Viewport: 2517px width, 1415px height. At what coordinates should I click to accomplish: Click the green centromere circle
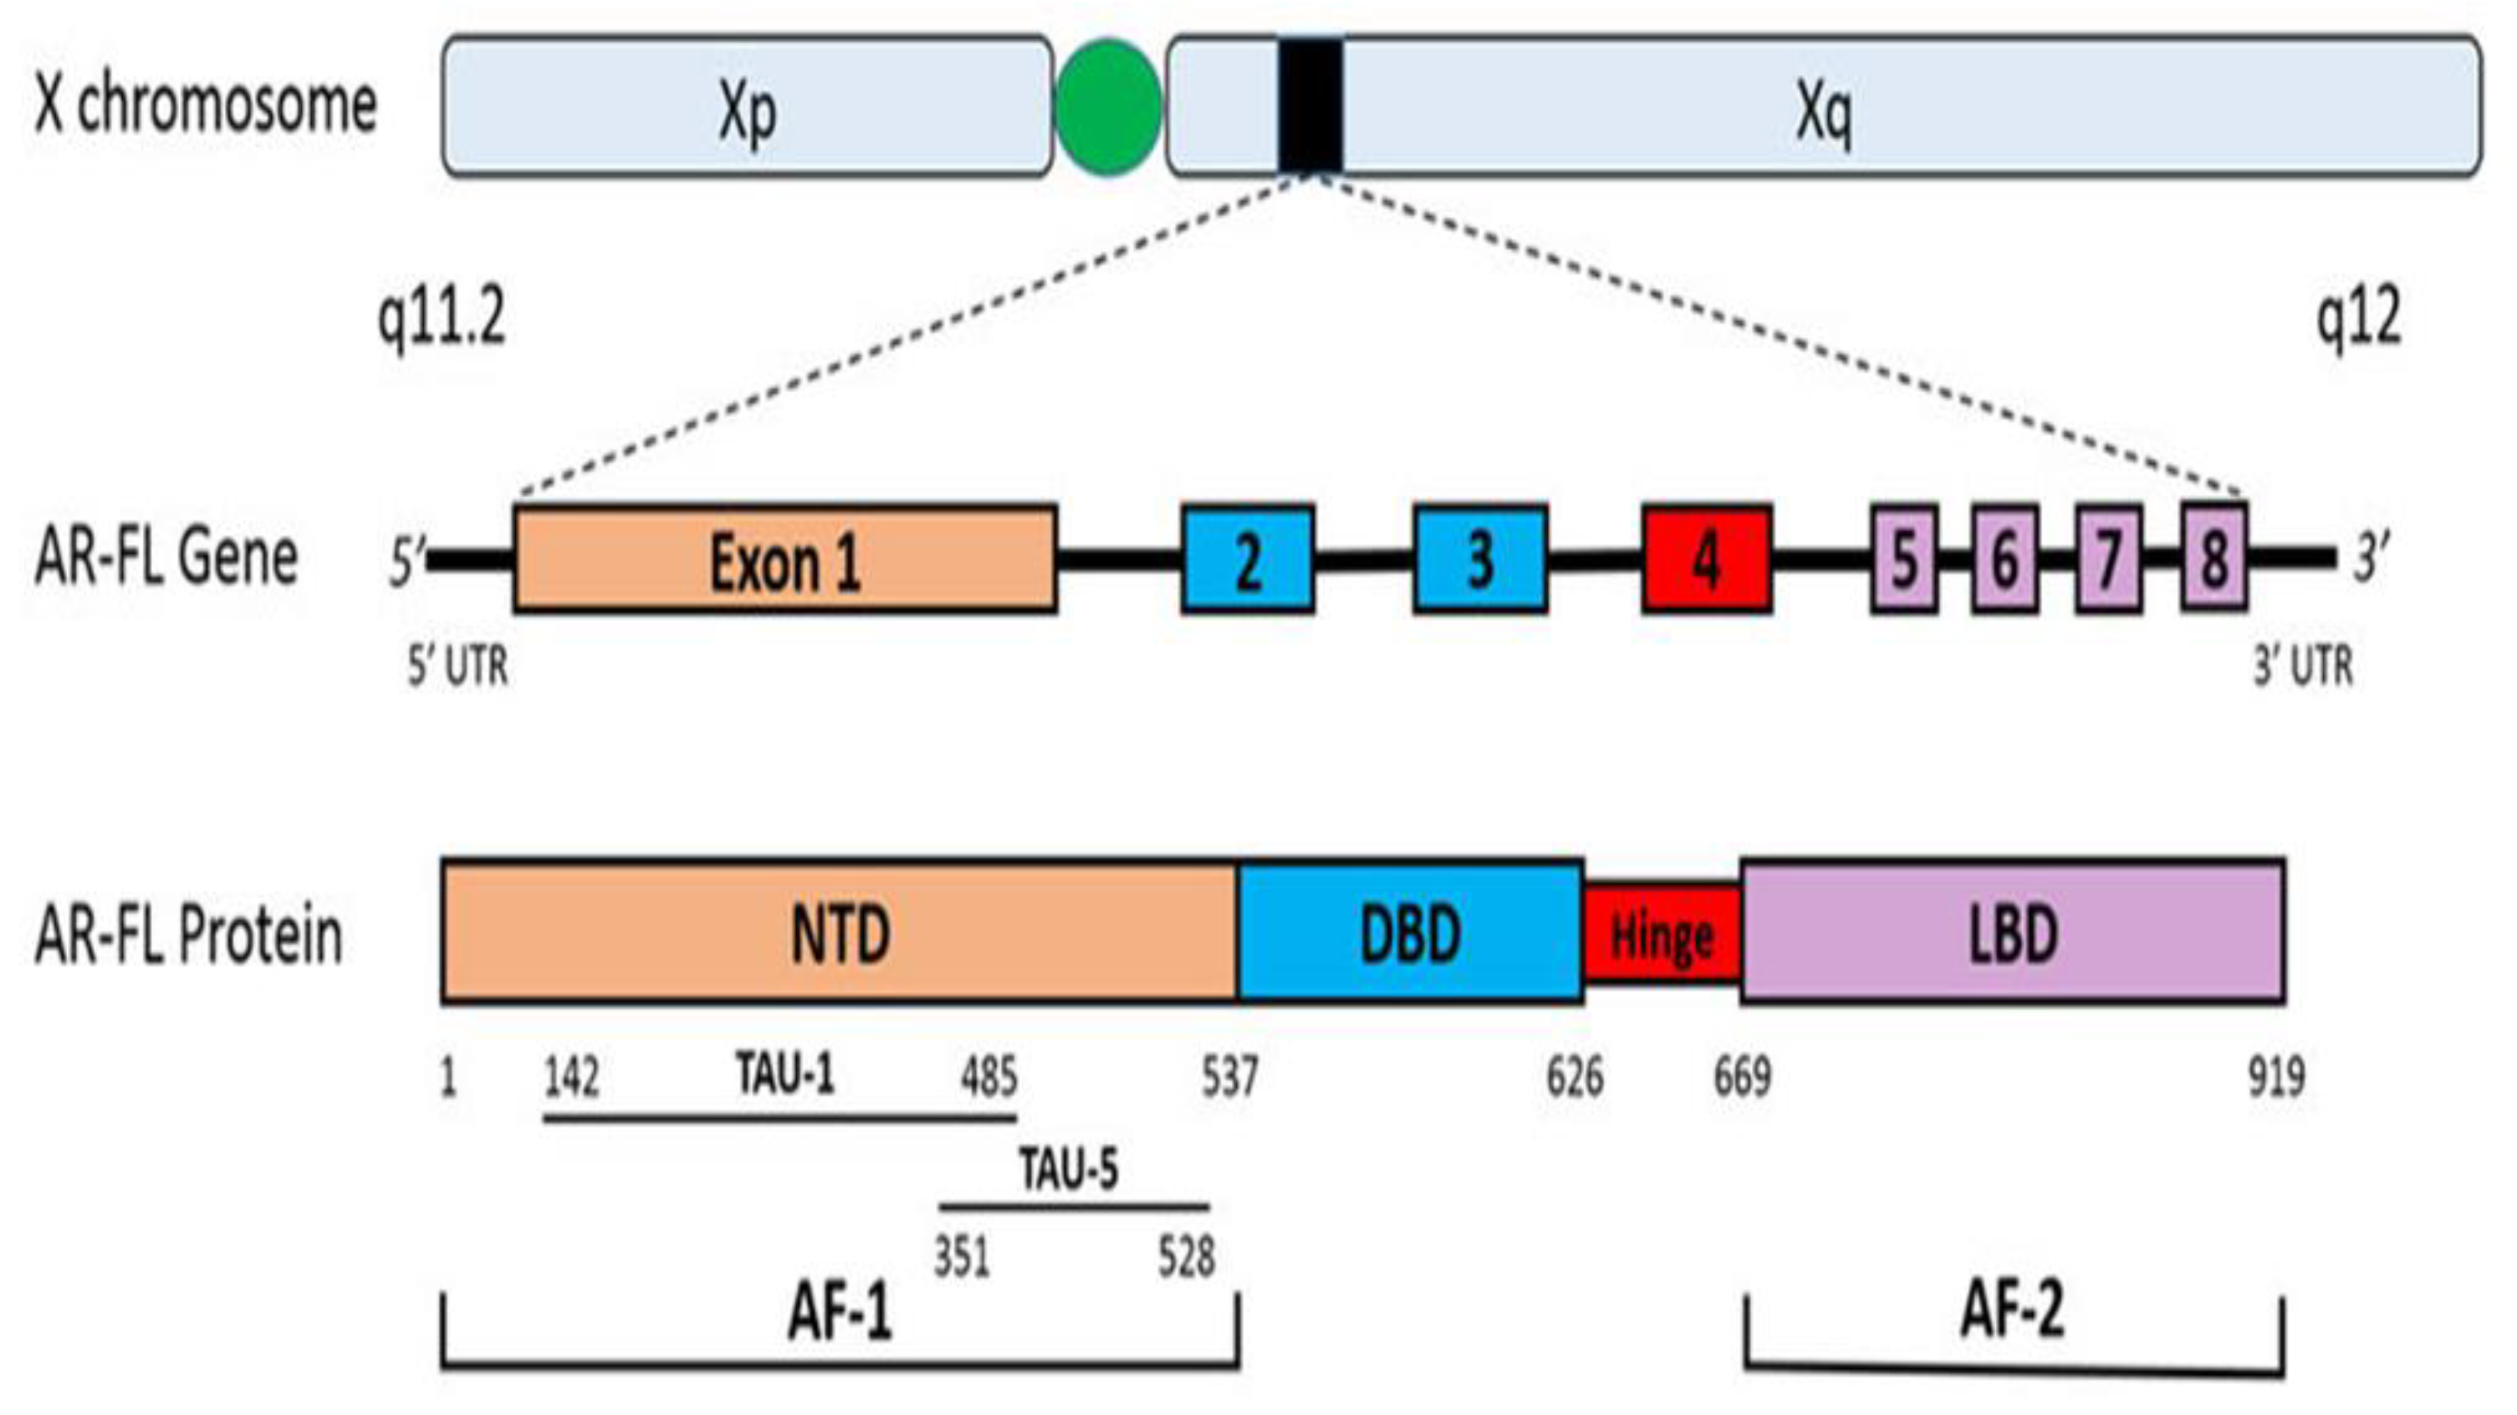coord(1109,107)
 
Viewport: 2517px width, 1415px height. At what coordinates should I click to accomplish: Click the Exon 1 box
coord(784,560)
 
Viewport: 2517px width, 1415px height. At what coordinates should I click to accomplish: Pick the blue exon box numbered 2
coord(1248,560)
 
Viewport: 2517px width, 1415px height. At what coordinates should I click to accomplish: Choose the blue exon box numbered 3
coord(1480,560)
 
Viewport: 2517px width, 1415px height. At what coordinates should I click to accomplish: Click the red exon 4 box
coord(1707,560)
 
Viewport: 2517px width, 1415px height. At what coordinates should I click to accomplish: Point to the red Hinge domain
coord(1661,934)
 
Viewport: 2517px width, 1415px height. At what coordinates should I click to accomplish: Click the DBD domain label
coord(1410,934)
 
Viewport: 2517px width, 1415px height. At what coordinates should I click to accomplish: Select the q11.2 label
coord(442,319)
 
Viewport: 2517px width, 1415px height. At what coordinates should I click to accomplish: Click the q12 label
coord(2359,319)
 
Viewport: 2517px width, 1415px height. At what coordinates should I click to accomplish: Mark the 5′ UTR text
coord(457,668)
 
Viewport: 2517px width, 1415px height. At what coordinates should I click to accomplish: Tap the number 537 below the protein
coord(1229,1078)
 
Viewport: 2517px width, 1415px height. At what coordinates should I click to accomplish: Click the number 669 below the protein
coord(1742,1078)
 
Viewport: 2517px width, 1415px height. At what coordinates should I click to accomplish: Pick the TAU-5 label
coord(1069,1169)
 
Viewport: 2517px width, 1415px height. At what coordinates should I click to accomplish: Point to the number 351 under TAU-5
coord(961,1257)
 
